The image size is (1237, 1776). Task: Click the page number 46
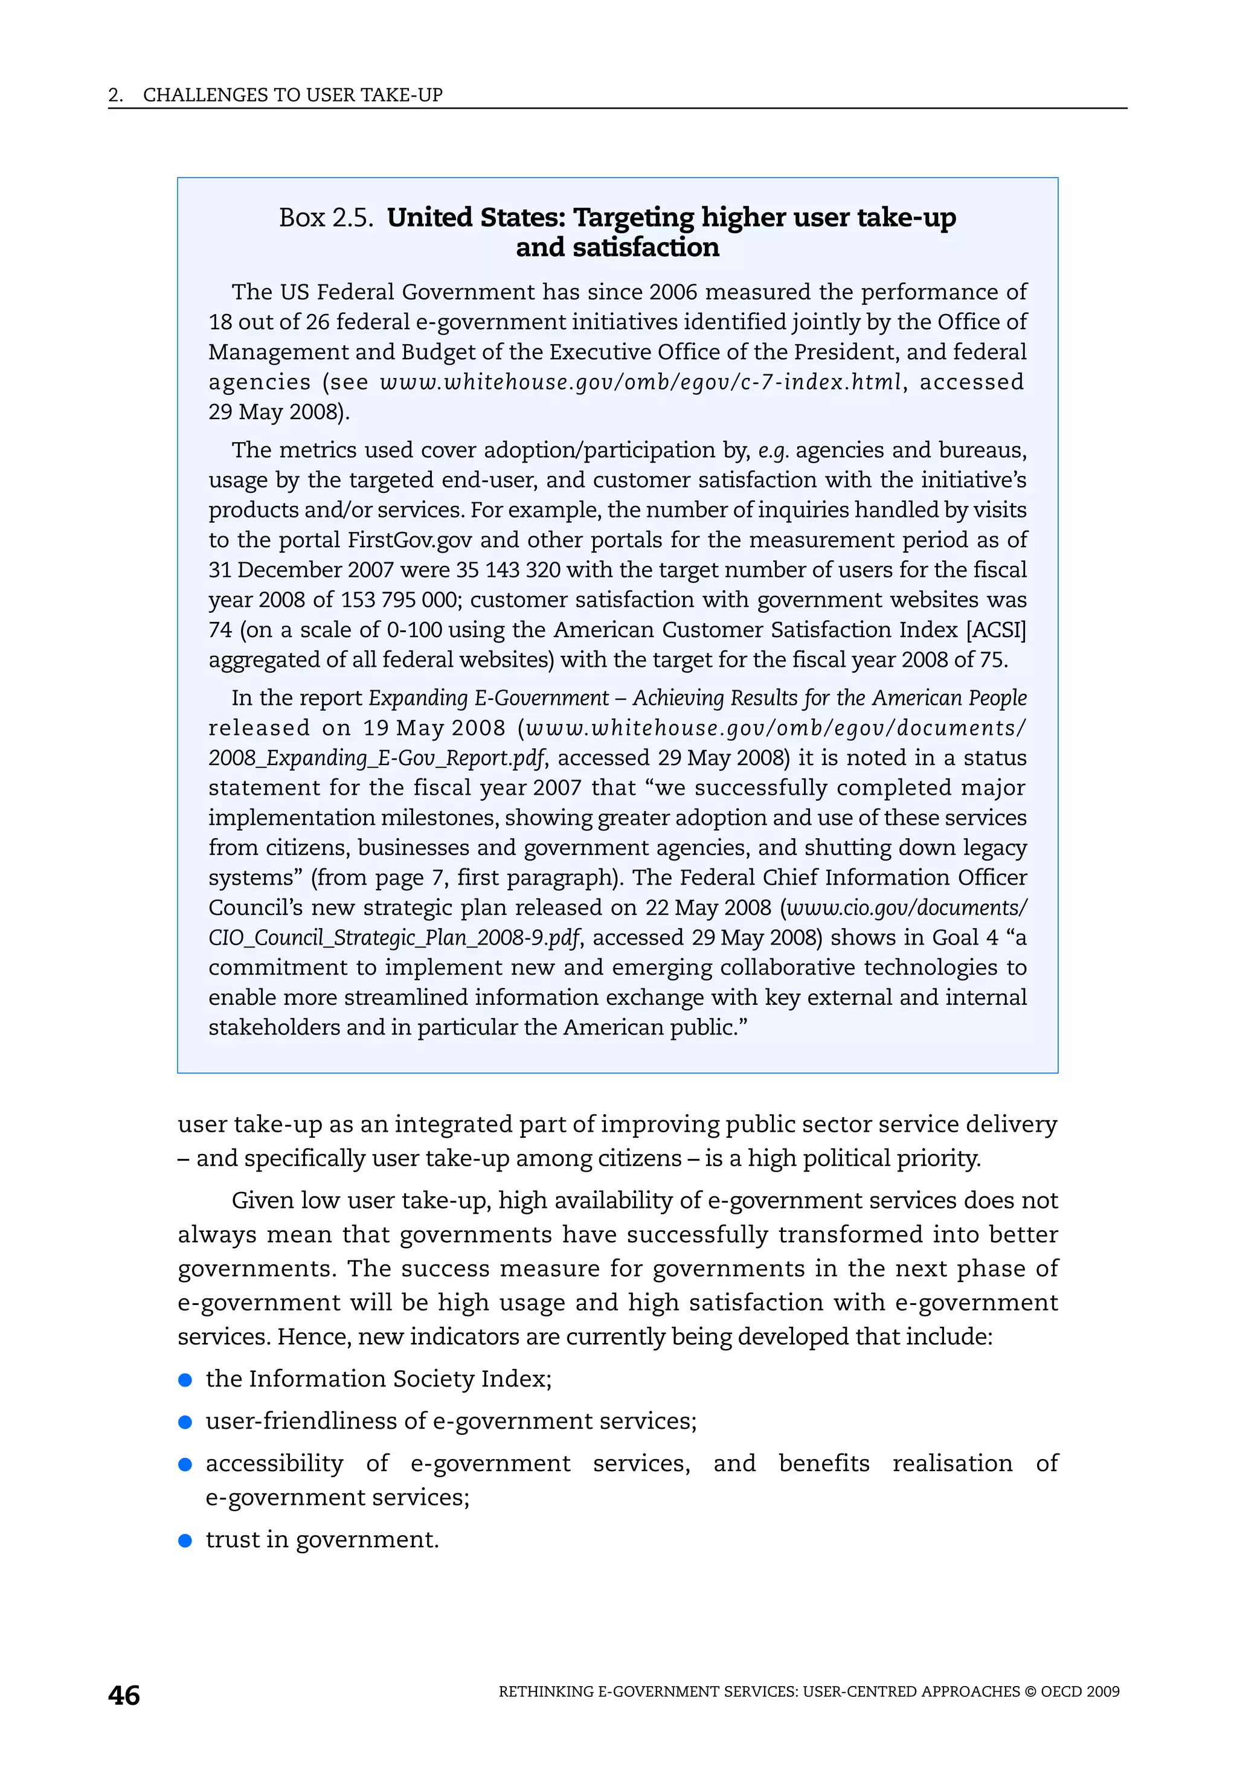[124, 1696]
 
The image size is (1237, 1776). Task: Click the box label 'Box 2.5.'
[326, 217]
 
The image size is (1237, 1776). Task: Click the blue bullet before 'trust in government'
[185, 1540]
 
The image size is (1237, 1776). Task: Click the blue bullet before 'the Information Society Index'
[185, 1380]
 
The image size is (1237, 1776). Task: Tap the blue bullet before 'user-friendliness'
[185, 1422]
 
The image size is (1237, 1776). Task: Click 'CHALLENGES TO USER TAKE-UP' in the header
[292, 95]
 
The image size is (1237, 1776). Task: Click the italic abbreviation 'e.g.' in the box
[773, 450]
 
